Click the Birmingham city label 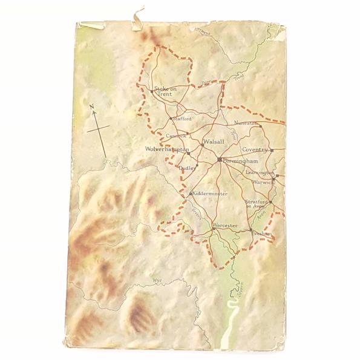[241, 162]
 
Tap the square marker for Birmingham [219, 160]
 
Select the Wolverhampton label [168, 149]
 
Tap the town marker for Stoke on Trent [151, 91]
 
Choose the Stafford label [182, 119]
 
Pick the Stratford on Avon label [256, 205]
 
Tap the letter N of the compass [93, 108]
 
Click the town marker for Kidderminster [191, 193]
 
